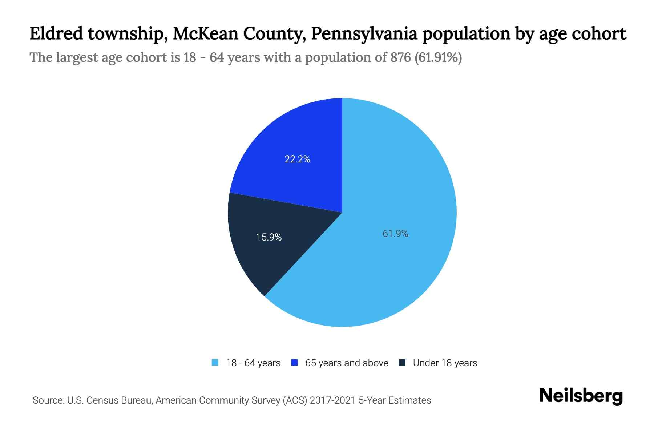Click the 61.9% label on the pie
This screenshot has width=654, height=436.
pos(395,234)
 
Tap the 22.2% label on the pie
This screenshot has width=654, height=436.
pos(297,159)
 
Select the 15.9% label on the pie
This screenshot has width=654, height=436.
pos(269,237)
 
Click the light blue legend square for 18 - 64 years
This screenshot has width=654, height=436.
pos(215,363)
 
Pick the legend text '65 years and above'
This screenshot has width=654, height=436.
pos(347,363)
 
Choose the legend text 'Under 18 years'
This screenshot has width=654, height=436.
pos(445,363)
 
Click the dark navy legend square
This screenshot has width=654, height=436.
pos(402,363)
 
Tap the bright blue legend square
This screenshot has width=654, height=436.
pos(294,363)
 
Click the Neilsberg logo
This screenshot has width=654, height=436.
pos(581,396)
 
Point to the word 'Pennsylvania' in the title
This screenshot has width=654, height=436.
pos(363,34)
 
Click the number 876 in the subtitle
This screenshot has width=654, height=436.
pos(400,57)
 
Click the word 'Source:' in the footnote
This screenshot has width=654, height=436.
pos(48,400)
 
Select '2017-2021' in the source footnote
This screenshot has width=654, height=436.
pos(332,400)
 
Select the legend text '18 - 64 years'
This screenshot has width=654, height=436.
pos(253,363)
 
